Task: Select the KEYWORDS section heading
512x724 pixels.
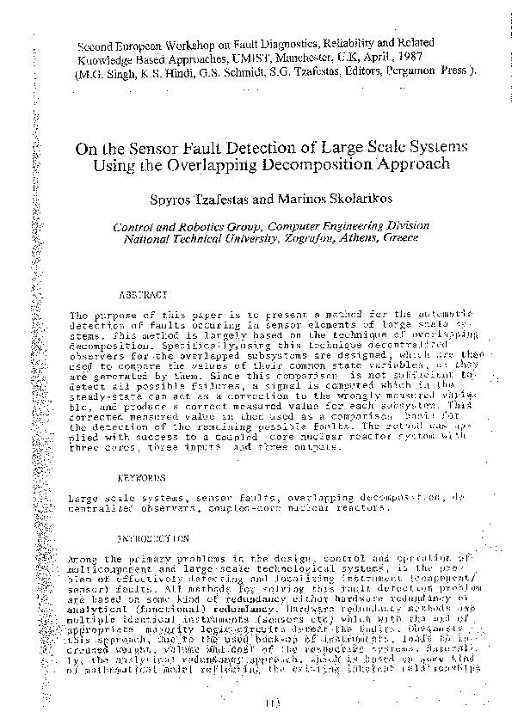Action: (137, 476)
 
